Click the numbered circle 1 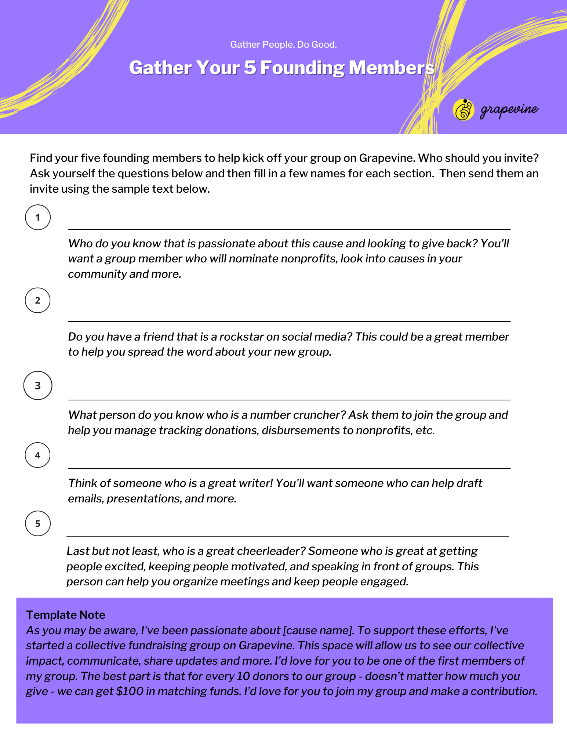pos(38,218)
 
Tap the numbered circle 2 pos(38,301)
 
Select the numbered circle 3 pos(38,386)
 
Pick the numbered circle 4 pos(38,455)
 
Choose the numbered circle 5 pos(38,524)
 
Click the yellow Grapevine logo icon pos(464,110)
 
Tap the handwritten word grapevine pos(509,110)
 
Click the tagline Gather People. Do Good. pos(283,45)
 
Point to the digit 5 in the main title pos(250,68)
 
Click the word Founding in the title pos(302,68)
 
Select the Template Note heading pos(66,615)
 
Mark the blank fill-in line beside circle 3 pos(289,399)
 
